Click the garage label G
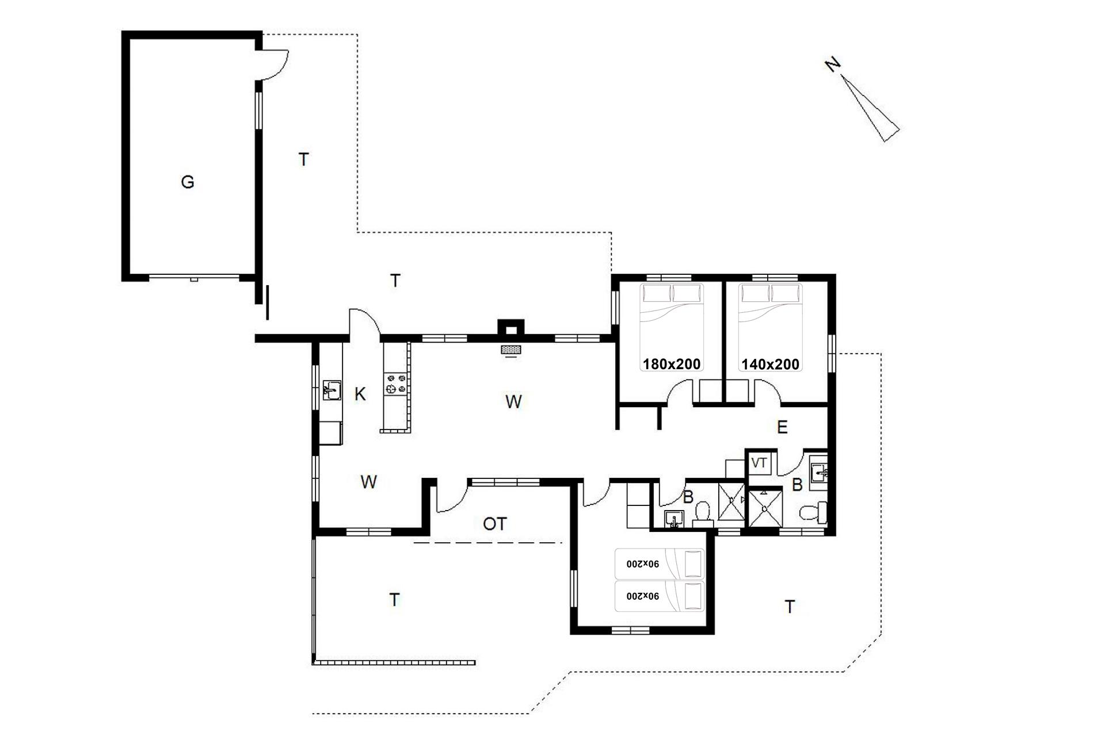187,182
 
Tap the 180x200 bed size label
672,364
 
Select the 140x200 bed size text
770,364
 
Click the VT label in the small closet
759,463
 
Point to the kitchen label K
360,394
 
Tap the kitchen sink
331,390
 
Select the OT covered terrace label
495,524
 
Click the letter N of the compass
832,65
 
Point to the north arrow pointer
872,108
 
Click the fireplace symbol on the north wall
511,350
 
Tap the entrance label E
782,427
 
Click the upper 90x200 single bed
660,563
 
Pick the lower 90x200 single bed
660,596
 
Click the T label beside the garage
304,159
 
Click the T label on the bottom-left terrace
394,600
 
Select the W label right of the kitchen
513,401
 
